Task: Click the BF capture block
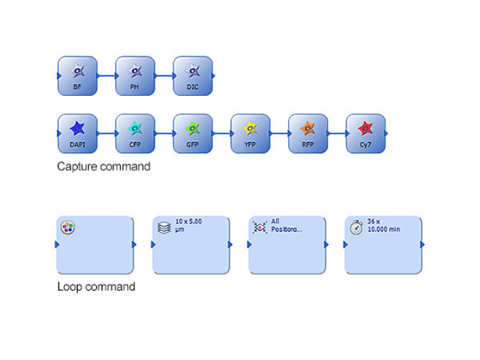click(x=78, y=76)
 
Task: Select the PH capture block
click(x=135, y=76)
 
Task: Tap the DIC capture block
click(x=193, y=76)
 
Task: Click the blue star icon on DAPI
click(x=77, y=128)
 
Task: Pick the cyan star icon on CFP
click(x=135, y=128)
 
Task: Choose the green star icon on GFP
click(x=193, y=128)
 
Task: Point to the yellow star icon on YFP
click(x=250, y=128)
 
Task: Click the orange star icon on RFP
click(x=308, y=128)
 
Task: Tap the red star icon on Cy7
click(x=365, y=128)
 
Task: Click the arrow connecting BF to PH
click(x=107, y=75)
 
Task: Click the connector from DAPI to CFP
click(x=107, y=133)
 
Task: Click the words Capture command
click(x=104, y=166)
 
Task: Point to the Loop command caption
click(x=96, y=286)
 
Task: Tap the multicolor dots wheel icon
click(x=67, y=228)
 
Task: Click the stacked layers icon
click(x=164, y=228)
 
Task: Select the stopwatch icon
click(x=356, y=227)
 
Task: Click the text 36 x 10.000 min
click(x=384, y=225)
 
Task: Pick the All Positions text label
click(x=286, y=225)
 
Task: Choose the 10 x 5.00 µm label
click(x=189, y=225)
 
